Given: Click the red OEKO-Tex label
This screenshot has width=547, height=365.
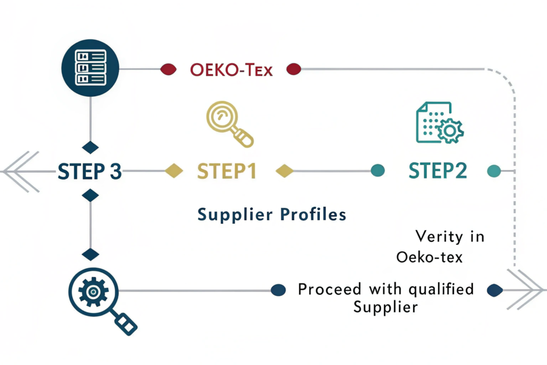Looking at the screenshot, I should [x=231, y=69].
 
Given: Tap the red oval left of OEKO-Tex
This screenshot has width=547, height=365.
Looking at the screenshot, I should [x=168, y=69].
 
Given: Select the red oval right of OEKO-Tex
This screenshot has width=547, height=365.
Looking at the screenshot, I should [x=294, y=69].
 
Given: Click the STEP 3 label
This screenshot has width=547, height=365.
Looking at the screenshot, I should [x=89, y=172].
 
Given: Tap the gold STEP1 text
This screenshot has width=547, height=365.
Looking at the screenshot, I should [x=227, y=172].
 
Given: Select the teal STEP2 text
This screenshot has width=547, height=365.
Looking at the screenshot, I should [x=437, y=171].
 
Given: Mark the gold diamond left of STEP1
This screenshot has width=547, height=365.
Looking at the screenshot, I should [x=174, y=172].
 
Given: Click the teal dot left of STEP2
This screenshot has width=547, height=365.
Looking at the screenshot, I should [x=378, y=171].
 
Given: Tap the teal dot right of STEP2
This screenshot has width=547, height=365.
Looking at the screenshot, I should [x=494, y=171].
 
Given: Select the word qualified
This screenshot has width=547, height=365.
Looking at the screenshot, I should [x=441, y=290].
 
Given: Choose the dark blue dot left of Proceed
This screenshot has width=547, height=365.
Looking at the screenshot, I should [x=278, y=290].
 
